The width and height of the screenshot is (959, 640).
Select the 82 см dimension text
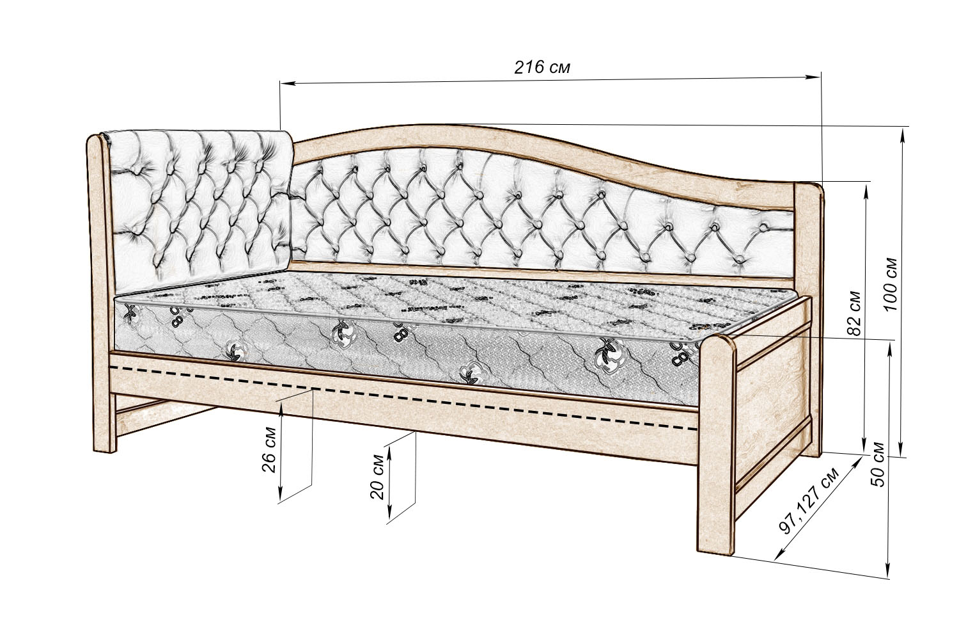tap(854, 314)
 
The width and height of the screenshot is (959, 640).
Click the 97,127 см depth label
tap(809, 502)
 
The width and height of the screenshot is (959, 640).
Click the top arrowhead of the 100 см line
tap(903, 131)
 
